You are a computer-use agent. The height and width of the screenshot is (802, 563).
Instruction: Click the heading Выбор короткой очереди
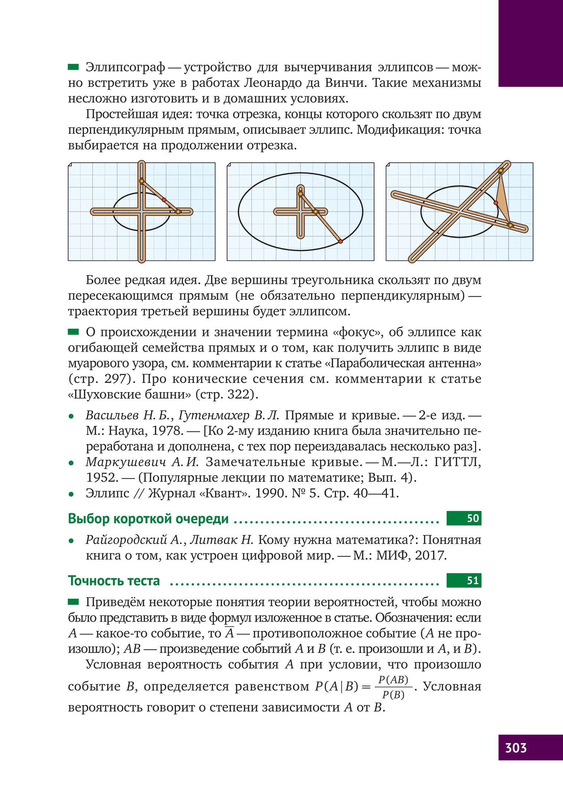pos(148,519)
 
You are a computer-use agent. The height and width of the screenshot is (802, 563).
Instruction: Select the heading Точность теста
pos(114,581)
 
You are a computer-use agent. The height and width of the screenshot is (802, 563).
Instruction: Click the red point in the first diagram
pos(164,200)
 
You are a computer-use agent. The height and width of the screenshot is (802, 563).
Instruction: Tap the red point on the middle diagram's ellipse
pos(341,242)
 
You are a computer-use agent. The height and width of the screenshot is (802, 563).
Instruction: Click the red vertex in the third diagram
pos(496,203)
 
